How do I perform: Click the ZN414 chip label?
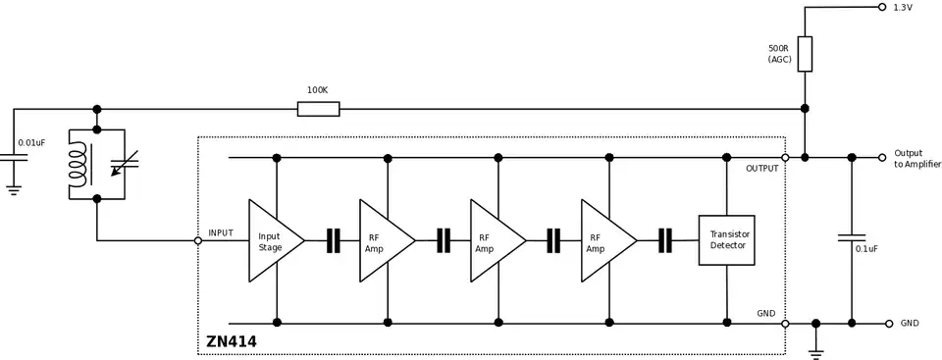232,342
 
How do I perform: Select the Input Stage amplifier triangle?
274,240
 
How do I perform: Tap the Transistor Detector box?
726,240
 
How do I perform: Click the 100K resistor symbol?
318,109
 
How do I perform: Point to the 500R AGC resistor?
805,54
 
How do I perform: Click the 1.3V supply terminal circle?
882,7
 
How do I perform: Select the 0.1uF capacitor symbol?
851,237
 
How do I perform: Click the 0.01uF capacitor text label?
31,143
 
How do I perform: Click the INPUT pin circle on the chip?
198,240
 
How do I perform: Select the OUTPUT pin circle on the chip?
785,157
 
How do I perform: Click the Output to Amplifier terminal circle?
882,157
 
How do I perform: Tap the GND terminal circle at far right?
888,323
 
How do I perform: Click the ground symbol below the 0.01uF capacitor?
14,189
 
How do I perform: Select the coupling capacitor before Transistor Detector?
665,240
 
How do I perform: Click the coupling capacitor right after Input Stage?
333,240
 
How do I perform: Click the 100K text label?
317,90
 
